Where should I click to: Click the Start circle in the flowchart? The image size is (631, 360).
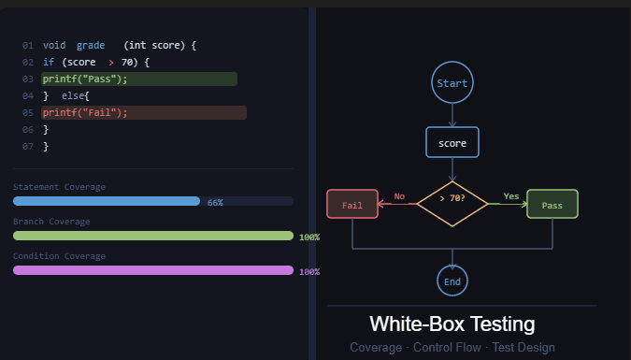click(x=452, y=83)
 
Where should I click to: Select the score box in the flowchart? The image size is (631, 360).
click(x=452, y=143)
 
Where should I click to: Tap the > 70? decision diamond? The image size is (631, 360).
click(x=452, y=197)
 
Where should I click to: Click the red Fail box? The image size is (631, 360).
click(x=352, y=204)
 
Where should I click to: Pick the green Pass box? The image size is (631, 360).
click(x=552, y=204)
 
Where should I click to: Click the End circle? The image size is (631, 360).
click(x=452, y=281)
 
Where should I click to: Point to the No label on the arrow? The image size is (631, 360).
click(x=399, y=196)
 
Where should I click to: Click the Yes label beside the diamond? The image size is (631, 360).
click(x=510, y=196)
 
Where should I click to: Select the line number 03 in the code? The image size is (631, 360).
click(x=27, y=79)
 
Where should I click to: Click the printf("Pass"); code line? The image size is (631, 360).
click(x=85, y=79)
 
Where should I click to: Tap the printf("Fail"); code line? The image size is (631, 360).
click(x=85, y=112)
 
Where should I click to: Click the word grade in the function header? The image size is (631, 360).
click(x=91, y=45)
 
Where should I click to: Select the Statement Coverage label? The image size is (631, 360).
click(x=59, y=187)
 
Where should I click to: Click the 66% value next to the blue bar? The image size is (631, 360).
click(x=215, y=202)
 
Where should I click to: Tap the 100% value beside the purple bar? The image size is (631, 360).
click(x=308, y=271)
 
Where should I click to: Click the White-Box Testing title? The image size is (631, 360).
click(x=452, y=324)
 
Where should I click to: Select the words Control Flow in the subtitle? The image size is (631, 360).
click(x=452, y=348)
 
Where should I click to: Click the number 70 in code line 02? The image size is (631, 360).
click(x=127, y=62)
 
